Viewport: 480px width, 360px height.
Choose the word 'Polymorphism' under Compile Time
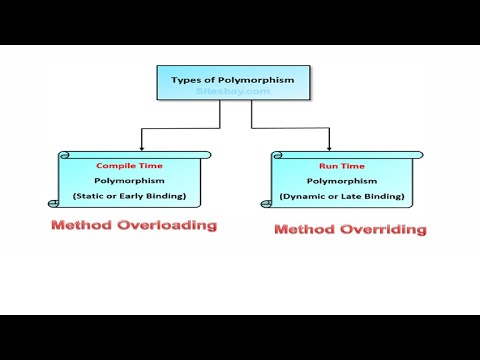130,181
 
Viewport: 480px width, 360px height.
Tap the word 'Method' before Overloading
83,225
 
